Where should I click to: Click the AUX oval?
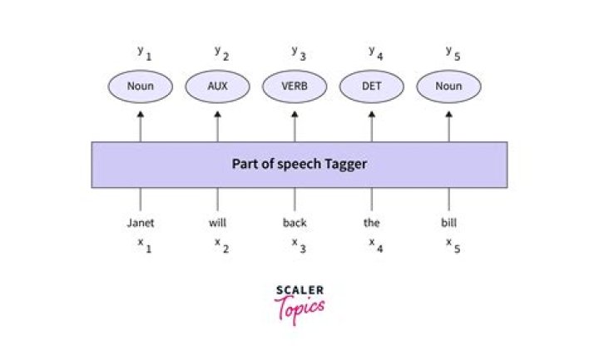click(218, 86)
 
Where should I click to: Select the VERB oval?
click(295, 86)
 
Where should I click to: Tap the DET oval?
click(372, 86)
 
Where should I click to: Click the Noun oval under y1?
click(141, 86)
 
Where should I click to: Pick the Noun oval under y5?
click(449, 86)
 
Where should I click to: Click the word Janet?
click(141, 223)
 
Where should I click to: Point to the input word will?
click(218, 223)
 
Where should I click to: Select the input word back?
click(295, 223)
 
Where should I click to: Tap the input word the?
click(372, 223)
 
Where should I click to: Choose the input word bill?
click(449, 223)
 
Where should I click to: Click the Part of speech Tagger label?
click(299, 164)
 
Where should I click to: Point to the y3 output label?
click(298, 52)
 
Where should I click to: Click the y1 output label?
click(144, 52)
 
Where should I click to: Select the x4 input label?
click(375, 244)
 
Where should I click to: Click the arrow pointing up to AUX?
click(218, 125)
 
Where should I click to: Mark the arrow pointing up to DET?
click(372, 125)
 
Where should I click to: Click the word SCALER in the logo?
click(299, 290)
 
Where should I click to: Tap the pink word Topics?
click(299, 308)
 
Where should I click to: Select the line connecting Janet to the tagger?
click(141, 200)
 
